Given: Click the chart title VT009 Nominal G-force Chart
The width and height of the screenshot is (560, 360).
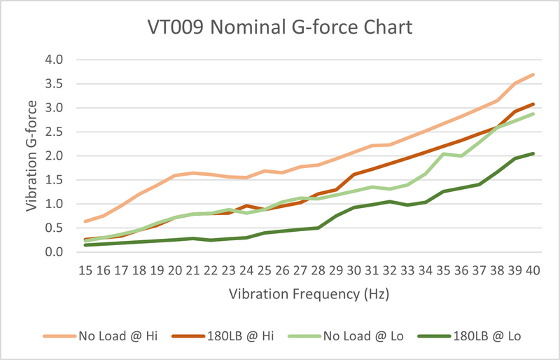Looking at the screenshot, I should (280, 29).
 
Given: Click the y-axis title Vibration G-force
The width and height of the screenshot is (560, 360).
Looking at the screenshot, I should (32, 155).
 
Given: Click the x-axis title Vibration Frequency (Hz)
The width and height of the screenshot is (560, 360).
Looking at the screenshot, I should (309, 294).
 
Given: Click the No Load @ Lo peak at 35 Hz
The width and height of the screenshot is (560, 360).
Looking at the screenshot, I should (444, 153).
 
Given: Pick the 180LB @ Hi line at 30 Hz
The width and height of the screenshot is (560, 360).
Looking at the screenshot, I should (354, 174).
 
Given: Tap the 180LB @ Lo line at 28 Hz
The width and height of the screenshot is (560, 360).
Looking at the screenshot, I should (318, 228).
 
